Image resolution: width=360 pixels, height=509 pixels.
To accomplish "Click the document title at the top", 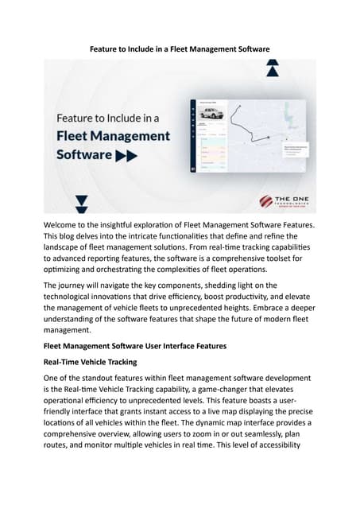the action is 179,49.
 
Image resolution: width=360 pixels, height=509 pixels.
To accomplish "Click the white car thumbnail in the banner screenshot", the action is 211,115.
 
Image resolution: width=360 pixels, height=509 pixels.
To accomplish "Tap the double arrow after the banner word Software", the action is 127,156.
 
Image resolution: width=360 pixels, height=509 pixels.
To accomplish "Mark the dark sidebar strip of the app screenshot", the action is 192,135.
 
